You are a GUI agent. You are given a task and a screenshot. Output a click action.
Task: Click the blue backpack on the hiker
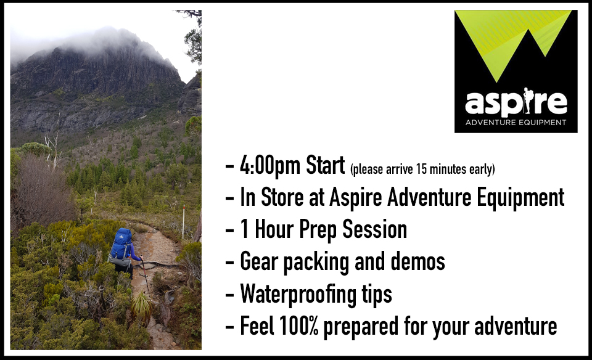[x=121, y=245]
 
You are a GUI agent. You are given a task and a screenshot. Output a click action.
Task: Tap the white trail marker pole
[x=184, y=222]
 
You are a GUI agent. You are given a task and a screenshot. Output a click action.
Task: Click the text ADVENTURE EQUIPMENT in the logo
[x=516, y=122]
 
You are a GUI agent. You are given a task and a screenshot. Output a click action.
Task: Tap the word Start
[x=325, y=165]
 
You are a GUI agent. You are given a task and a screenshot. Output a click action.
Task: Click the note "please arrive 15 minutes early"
[x=422, y=170]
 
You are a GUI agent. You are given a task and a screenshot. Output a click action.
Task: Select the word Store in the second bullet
[x=282, y=197]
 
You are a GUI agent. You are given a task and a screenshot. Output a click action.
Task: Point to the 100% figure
[x=299, y=325]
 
